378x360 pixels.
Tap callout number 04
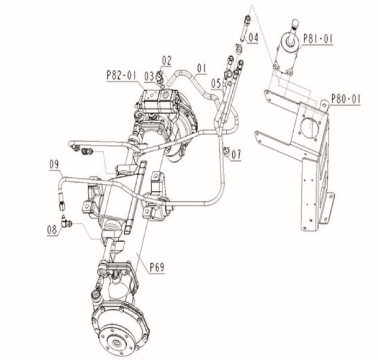(x=253, y=38)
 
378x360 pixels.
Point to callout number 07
(x=237, y=155)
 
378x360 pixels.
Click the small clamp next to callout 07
(x=226, y=151)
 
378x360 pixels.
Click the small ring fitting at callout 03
(x=160, y=80)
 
